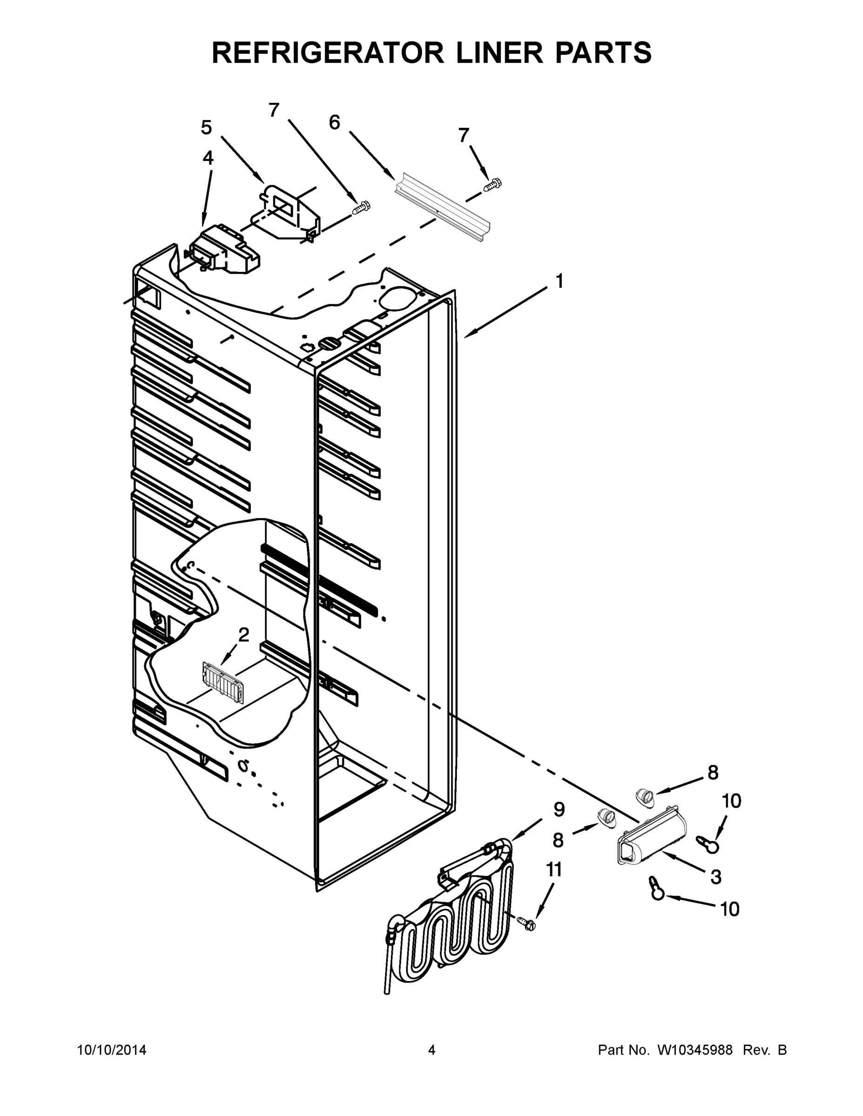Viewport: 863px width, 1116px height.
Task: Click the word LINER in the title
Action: click(x=499, y=53)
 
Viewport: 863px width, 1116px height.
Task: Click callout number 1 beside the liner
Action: click(x=559, y=281)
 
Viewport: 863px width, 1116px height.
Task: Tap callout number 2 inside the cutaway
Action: click(x=244, y=635)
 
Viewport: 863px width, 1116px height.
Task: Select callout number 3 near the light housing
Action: click(x=716, y=877)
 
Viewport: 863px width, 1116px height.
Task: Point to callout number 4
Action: click(x=208, y=158)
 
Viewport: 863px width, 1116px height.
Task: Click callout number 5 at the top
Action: click(x=206, y=127)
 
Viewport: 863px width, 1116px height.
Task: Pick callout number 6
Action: click(x=334, y=122)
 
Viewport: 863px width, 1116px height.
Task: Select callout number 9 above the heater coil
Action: click(x=559, y=809)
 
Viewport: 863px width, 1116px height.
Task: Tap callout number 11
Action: click(x=554, y=869)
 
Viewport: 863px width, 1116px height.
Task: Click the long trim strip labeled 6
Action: click(x=443, y=207)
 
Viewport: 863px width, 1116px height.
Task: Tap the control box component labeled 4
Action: click(x=225, y=250)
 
